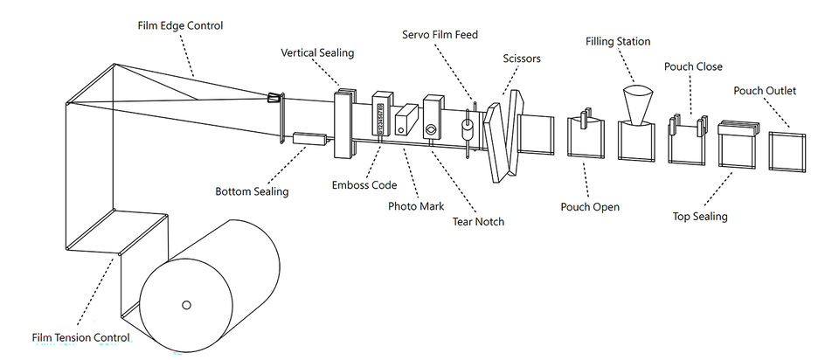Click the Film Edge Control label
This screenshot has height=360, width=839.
pos(180,25)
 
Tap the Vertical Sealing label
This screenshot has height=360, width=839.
pos(317,53)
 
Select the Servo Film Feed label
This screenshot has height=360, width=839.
pos(440,35)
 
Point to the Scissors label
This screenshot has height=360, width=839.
pos(522,59)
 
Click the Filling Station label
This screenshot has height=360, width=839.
pos(618,42)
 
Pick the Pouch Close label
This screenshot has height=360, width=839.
pos(693,67)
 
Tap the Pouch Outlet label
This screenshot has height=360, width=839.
pos(765,91)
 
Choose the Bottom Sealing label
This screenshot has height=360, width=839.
pos(252,191)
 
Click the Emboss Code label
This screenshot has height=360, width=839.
pos(364,185)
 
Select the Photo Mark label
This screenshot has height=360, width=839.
pos(416,206)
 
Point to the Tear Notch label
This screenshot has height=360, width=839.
pos(478,221)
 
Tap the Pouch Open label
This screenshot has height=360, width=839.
pos(590,207)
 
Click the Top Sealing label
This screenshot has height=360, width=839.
pos(700,217)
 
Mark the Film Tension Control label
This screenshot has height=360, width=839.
pos(80,338)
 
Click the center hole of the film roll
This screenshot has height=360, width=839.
pos(186,304)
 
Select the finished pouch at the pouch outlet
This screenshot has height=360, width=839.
pos(787,152)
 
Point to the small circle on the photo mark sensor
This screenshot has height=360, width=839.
pos(400,130)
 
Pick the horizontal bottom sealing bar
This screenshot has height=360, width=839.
pos(309,139)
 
